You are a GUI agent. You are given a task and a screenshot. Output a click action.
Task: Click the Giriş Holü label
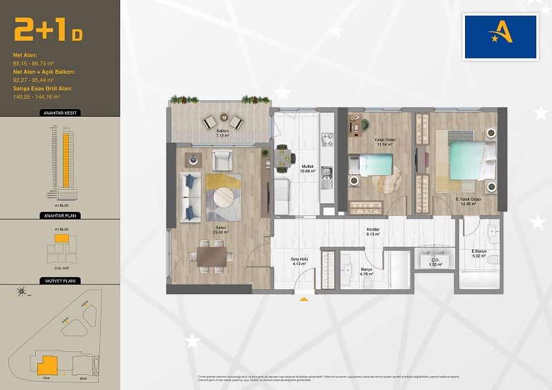tap(299, 262)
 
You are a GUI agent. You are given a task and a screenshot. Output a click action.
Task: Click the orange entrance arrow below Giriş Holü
tap(302, 300)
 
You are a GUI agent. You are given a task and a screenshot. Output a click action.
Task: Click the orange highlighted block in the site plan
tap(48, 363)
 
